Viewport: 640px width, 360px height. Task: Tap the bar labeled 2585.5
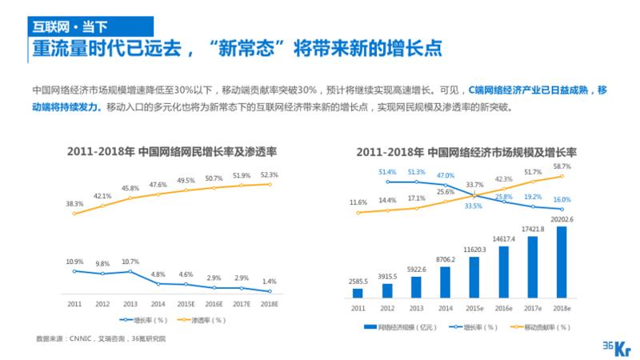[x=358, y=293]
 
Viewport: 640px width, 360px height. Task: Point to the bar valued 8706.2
[x=446, y=282]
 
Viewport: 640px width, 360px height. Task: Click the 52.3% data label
[x=270, y=174]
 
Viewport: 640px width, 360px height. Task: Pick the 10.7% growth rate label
[x=130, y=262]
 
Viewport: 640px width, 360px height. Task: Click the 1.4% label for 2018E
[x=270, y=282]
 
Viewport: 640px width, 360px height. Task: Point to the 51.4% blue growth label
[x=387, y=172]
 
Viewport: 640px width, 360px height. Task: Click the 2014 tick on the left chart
[x=158, y=305]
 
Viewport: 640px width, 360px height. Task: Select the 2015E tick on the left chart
[x=186, y=305]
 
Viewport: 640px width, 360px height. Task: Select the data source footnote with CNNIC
[x=103, y=339]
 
